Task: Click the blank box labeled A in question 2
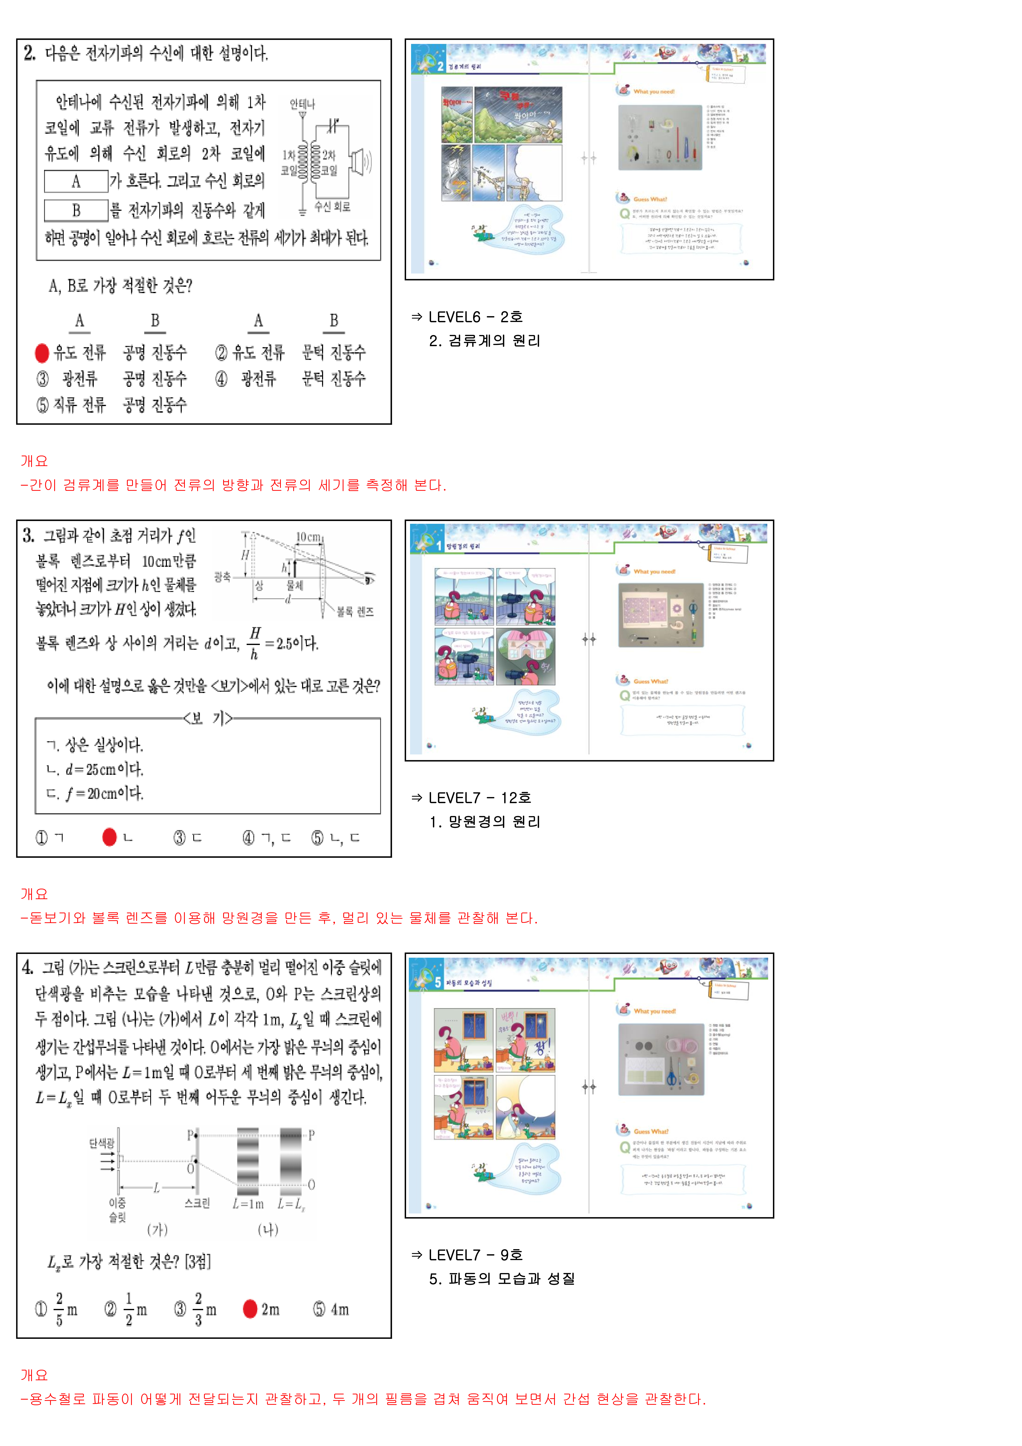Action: [x=76, y=181]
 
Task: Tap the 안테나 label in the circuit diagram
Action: [x=302, y=104]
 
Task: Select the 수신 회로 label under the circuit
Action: [x=333, y=207]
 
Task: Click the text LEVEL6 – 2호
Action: [x=475, y=317]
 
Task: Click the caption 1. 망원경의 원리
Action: [x=485, y=822]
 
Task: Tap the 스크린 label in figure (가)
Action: [x=197, y=1203]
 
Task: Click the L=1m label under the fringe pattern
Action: [x=247, y=1204]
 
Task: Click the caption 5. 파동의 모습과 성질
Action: [x=502, y=1278]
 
